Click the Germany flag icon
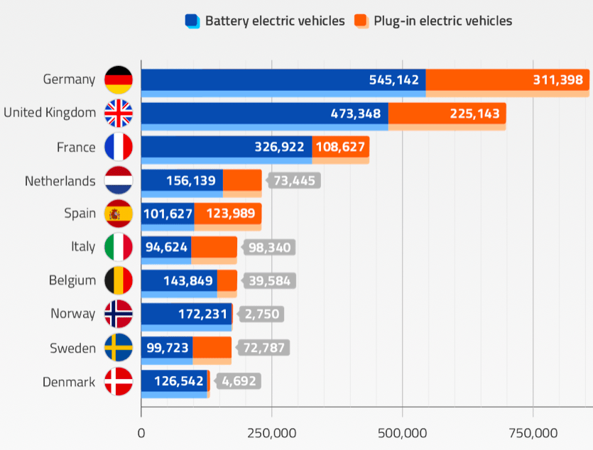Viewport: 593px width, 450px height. (x=118, y=79)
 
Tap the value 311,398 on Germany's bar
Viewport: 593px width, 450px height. (x=557, y=79)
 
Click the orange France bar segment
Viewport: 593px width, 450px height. (x=339, y=147)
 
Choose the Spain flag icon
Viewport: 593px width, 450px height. (x=118, y=214)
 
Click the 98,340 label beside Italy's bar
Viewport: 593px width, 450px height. (x=268, y=247)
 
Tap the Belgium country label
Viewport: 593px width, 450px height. (x=72, y=280)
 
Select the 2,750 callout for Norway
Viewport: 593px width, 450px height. (x=263, y=314)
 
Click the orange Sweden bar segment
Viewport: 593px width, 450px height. (x=212, y=348)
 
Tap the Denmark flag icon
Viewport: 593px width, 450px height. (x=118, y=382)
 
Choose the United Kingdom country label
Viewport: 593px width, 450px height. (x=50, y=113)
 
